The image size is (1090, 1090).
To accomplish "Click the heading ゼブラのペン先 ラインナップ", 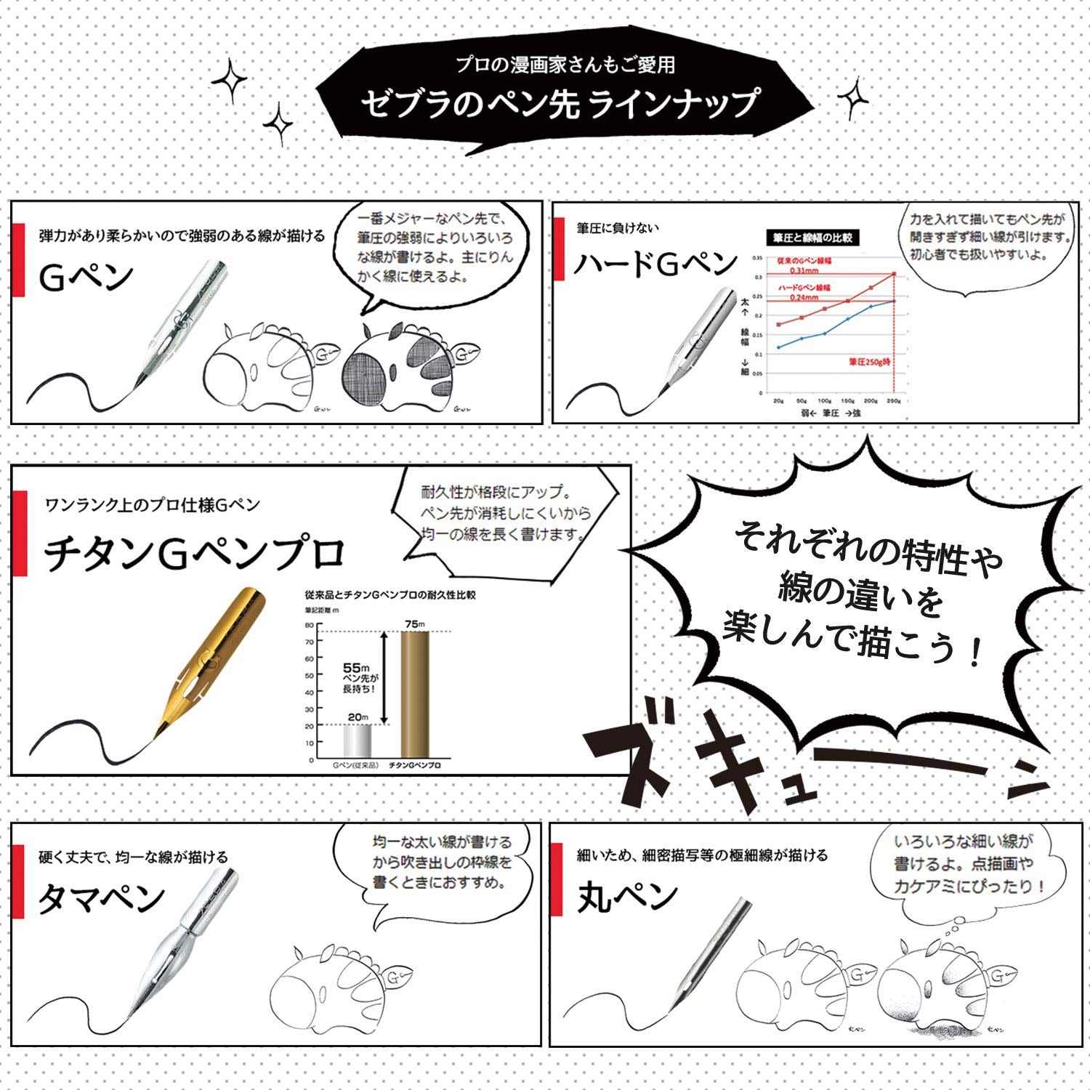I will click(x=560, y=102).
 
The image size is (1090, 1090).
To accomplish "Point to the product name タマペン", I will click(x=101, y=899).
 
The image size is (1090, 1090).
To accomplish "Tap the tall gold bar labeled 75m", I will click(x=415, y=694).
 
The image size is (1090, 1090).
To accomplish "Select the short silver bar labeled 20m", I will click(x=358, y=741).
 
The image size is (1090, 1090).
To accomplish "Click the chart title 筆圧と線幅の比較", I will click(x=812, y=237).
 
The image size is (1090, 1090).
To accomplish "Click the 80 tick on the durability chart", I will click(x=310, y=625).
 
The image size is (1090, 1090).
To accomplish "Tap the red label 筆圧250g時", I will click(x=870, y=361).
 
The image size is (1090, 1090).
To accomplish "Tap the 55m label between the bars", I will click(x=356, y=667).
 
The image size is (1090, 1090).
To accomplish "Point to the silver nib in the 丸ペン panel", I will click(x=709, y=952).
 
